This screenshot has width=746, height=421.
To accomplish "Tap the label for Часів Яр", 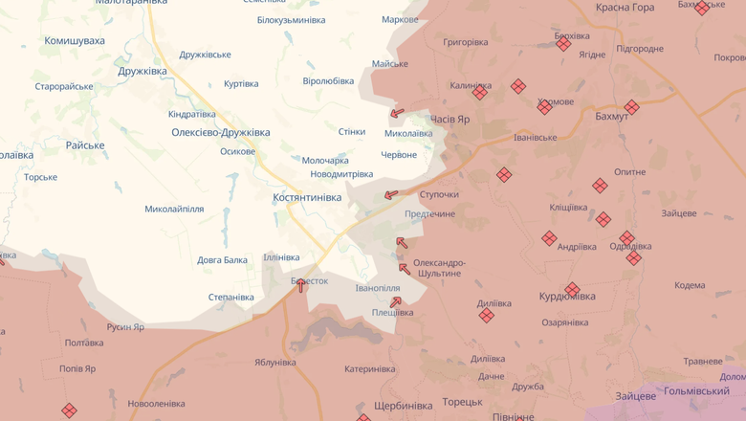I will coord(450,119).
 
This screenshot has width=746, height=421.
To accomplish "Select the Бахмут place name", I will coord(612,116).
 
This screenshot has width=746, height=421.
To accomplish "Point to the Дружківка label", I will coord(143,71).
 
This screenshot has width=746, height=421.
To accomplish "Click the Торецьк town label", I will coord(463,402).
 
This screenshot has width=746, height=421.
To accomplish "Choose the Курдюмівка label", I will coord(567,297).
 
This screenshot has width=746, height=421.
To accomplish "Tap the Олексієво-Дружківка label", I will coord(220,132).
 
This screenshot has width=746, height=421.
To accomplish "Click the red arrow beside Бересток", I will coord(301,285).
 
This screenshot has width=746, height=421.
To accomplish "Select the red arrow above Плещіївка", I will coord(396,302).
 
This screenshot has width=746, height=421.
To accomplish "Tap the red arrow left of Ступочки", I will coord(391,195).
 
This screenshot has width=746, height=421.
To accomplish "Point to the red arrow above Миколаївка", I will coord(397,113).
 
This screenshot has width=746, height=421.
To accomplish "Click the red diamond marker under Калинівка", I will coord(480,93).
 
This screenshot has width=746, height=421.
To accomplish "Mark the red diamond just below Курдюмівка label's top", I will coord(572,289).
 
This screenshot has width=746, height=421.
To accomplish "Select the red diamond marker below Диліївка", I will coord(487,316).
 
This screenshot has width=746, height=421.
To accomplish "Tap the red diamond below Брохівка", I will coord(563,44).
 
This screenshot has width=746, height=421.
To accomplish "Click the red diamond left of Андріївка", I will coord(549,238).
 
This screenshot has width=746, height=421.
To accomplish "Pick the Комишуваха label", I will coord(75,41).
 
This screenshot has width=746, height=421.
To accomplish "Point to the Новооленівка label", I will coord(157,404).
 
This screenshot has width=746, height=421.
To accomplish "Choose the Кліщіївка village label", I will coord(568,208).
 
